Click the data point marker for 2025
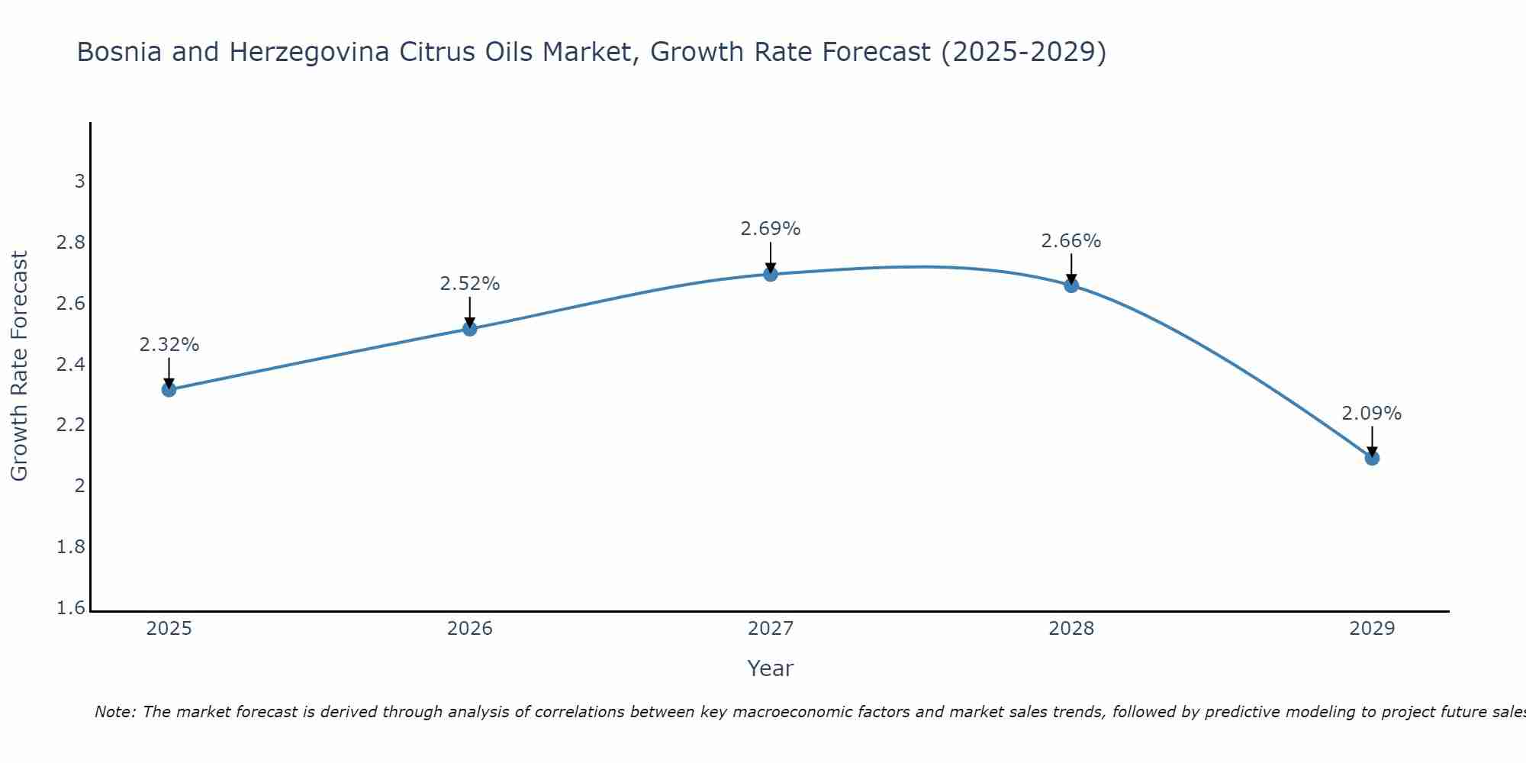(x=169, y=390)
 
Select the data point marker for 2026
(x=470, y=329)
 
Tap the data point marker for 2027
(x=771, y=274)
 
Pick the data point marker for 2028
(x=1071, y=285)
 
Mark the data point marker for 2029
(x=1372, y=458)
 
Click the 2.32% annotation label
(x=169, y=345)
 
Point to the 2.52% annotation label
(x=470, y=284)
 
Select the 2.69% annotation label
(x=771, y=229)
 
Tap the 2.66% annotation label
(x=1071, y=241)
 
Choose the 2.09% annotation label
(x=1372, y=414)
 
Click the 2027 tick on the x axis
(x=771, y=629)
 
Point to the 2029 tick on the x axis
(x=1372, y=629)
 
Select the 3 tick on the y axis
(x=79, y=182)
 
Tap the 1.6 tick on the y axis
(x=71, y=609)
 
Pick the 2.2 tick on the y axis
(x=71, y=425)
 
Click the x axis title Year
(x=771, y=668)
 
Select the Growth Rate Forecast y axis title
(x=19, y=365)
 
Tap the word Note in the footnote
(x=114, y=712)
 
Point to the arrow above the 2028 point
(x=1071, y=268)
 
